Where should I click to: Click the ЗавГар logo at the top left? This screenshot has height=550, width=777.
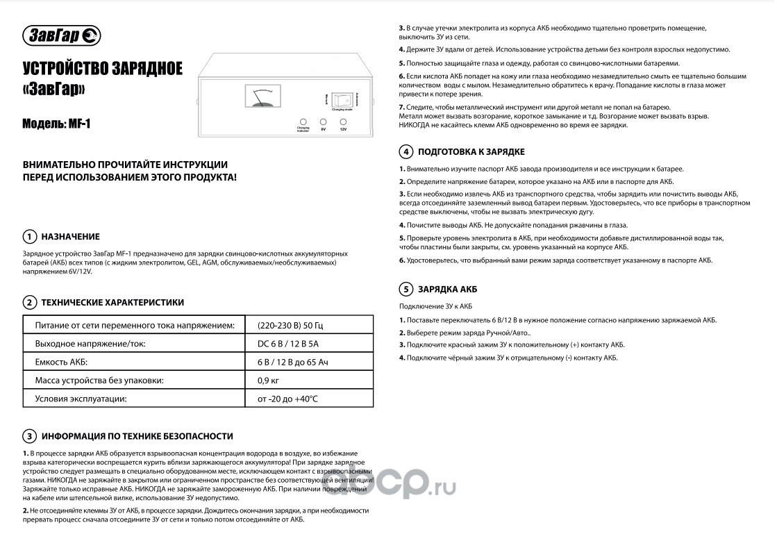point(62,35)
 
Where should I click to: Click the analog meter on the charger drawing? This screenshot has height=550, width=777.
point(260,96)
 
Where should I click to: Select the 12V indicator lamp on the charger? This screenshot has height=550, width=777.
point(343,122)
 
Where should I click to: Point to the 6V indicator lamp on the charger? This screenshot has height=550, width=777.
point(323,122)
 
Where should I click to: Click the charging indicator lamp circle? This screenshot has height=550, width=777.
point(303,121)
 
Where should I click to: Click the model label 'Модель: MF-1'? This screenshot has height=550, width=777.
point(57,124)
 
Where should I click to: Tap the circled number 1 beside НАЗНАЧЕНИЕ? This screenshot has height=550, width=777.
point(29,236)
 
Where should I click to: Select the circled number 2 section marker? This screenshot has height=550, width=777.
point(29,303)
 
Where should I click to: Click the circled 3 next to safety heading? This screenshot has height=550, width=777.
point(29,436)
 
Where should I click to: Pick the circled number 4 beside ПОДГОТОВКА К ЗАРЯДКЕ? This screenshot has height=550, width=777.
point(405,152)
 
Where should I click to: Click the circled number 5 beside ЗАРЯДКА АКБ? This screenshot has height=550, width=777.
point(405,290)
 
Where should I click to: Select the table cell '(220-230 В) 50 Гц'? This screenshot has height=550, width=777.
point(290,325)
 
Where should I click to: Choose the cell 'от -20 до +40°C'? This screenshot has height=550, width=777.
point(287,399)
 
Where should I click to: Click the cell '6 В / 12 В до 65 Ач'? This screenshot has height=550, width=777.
point(292,362)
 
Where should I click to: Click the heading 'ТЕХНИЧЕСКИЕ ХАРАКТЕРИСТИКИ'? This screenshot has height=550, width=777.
point(112,303)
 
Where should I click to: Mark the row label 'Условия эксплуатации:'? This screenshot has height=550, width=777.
point(81,399)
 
